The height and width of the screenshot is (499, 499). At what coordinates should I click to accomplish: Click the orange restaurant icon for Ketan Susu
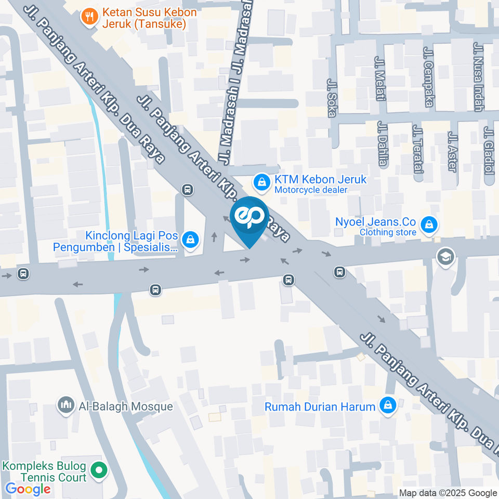click(90, 17)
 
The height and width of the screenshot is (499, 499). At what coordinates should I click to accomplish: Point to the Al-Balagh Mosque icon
click(65, 405)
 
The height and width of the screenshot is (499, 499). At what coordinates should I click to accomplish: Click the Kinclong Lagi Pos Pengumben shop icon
click(191, 239)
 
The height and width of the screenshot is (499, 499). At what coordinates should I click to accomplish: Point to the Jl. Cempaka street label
click(429, 77)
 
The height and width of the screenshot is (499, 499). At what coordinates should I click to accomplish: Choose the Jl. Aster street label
click(452, 151)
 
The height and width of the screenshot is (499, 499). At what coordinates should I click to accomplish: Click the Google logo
click(28, 489)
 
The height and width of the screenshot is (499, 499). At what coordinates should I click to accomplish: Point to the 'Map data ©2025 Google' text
click(448, 493)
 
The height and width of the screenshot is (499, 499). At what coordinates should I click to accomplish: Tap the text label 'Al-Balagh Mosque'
click(125, 406)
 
